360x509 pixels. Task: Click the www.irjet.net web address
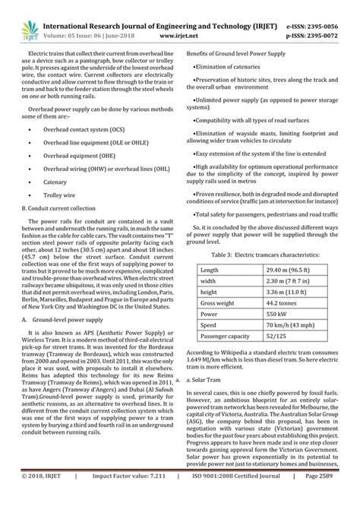click(169, 23)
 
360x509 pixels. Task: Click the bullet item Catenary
click(56, 183)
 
